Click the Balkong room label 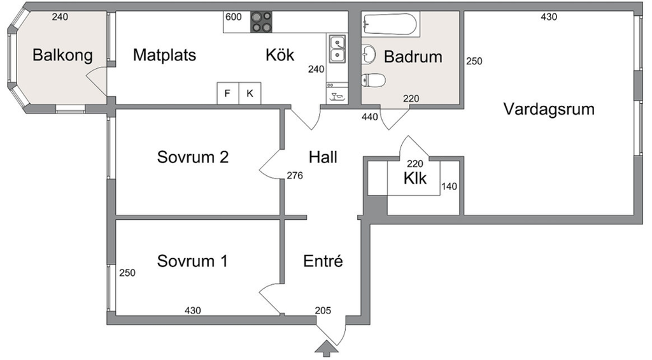62,55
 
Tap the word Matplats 164,55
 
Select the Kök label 280,55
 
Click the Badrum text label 413,57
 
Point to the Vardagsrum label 549,108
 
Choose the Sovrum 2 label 193,157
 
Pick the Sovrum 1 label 193,261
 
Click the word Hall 323,157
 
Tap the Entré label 323,261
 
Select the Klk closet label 415,178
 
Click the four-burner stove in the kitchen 262,22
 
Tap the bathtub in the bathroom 390,25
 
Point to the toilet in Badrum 374,80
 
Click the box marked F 227,94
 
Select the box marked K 250,94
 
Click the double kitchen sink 337,50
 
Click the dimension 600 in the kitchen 234,17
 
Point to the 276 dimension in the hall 295,175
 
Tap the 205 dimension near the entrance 323,310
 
